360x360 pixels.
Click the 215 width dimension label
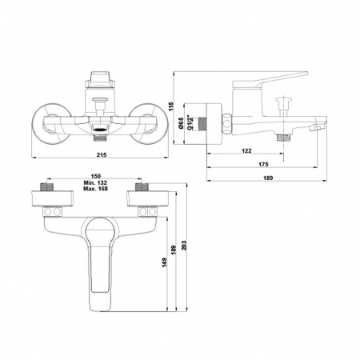(102, 154)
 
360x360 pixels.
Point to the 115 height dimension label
(171, 106)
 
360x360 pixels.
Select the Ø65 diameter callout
(181, 123)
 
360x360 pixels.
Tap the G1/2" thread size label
(190, 122)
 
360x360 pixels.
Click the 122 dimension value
(246, 150)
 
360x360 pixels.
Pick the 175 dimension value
(263, 164)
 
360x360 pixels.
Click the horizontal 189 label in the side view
(268, 178)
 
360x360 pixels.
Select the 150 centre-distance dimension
(96, 176)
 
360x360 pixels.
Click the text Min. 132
(95, 182)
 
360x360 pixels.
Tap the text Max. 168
(95, 189)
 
